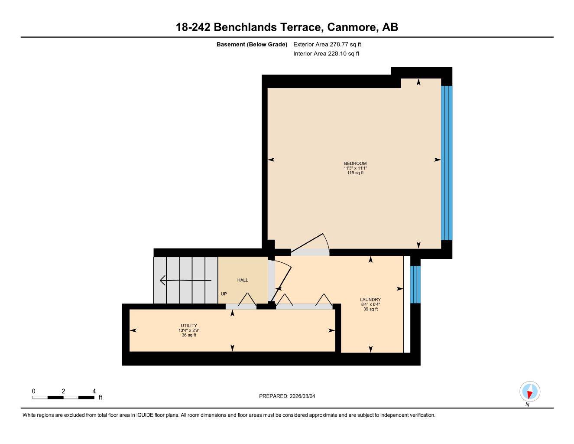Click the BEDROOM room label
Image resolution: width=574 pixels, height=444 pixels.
355,163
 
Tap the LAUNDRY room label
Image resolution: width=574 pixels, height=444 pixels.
370,300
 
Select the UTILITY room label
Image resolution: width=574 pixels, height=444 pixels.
189,326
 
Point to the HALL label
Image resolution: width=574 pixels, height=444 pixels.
243,280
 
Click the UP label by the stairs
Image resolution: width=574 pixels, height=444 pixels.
224,294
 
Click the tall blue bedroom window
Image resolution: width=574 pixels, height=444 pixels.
446,163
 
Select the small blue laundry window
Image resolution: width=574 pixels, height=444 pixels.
415,284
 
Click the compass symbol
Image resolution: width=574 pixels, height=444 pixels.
529,392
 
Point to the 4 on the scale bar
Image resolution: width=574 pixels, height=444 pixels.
94,391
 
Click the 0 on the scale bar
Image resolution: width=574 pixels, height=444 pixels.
34,391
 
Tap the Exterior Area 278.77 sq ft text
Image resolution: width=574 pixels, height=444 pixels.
327,44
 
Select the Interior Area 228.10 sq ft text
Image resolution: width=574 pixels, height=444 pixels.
326,54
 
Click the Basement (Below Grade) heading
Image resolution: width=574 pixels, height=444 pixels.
252,44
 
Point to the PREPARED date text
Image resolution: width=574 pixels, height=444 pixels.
290,396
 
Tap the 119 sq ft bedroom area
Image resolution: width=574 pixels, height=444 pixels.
355,173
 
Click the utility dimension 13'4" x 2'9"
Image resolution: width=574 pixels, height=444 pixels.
189,330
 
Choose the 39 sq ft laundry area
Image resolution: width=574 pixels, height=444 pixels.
370,309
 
